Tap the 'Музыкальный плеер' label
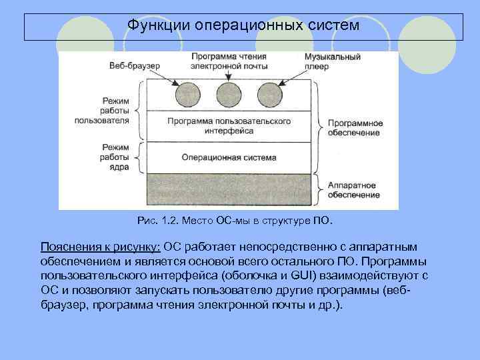click(x=331, y=61)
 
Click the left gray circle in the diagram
click(x=187, y=95)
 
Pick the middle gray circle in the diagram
click(x=229, y=95)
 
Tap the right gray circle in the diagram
click(x=269, y=95)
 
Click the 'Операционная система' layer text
click(x=229, y=158)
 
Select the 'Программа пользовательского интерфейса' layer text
click(x=229, y=127)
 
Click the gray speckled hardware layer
click(x=229, y=189)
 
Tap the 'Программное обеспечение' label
click(x=353, y=128)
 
